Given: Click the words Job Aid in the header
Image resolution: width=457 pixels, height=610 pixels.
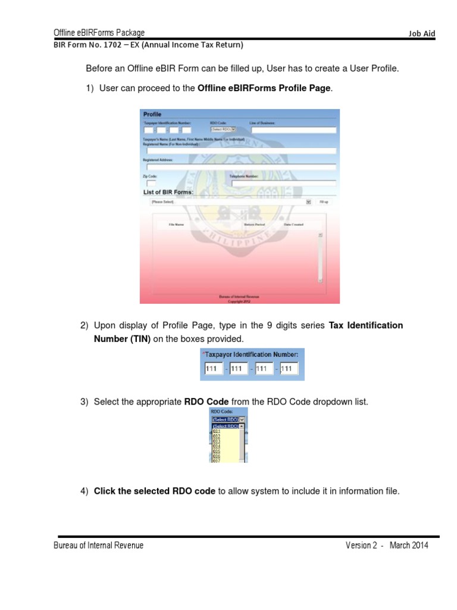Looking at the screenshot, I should (x=421, y=34).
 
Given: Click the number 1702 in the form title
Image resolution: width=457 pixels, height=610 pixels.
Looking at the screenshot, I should (x=111, y=45).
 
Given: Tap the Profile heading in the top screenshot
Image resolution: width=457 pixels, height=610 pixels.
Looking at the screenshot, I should (x=152, y=114).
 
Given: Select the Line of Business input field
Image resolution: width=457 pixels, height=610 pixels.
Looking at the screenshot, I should (x=293, y=129).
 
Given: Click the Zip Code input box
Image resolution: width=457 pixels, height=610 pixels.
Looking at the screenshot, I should (x=151, y=184).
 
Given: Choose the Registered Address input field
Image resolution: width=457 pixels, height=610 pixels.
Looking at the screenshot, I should (x=240, y=167).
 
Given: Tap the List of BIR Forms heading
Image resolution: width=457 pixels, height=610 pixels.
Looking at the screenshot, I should (x=168, y=192).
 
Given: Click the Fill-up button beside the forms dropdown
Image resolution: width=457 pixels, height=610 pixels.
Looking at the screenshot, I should (x=324, y=203).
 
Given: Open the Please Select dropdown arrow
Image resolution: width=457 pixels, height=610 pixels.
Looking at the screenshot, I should (x=308, y=203).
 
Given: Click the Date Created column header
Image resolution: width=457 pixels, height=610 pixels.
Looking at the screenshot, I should (x=293, y=225).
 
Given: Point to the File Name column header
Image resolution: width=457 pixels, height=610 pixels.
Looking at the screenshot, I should (x=176, y=225).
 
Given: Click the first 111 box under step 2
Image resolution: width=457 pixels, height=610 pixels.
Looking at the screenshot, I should (x=212, y=369).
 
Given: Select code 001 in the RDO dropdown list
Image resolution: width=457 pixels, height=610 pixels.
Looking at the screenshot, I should (x=217, y=431).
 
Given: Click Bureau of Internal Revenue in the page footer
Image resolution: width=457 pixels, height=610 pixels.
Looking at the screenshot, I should (x=99, y=546).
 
